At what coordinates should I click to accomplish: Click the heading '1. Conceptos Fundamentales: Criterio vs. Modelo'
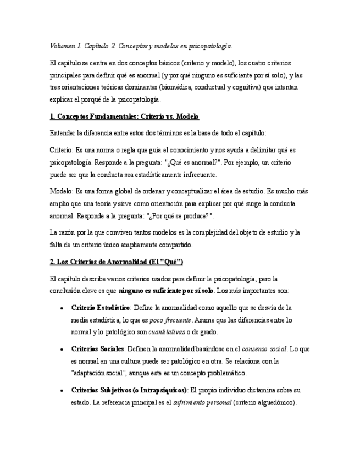124,116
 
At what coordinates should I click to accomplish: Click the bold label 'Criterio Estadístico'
101,308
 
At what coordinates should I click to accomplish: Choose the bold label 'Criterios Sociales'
98,349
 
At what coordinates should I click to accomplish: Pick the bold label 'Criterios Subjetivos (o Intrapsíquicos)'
129,390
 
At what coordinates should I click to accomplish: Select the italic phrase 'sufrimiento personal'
202,402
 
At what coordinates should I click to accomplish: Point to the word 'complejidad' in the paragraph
193,232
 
